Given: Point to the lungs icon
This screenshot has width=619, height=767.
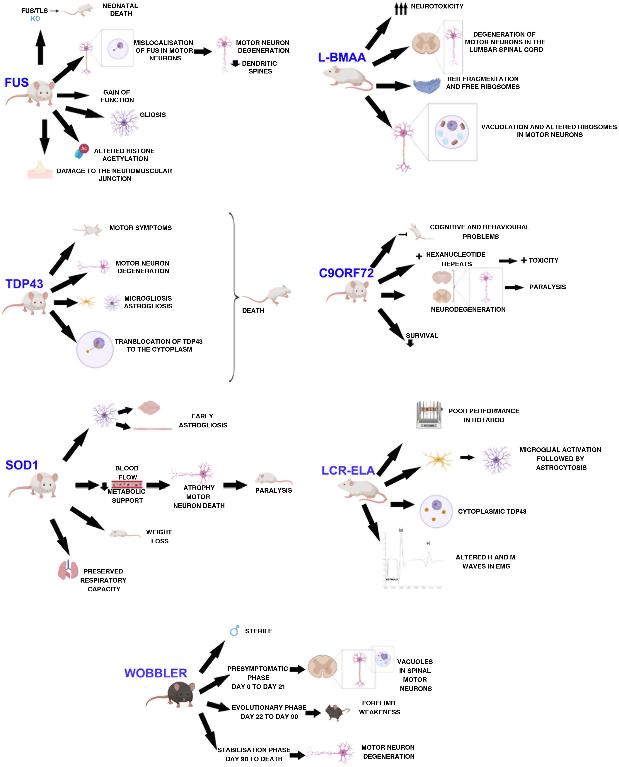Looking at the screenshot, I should (x=68, y=570).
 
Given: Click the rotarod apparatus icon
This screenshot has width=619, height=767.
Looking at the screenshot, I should (x=429, y=415).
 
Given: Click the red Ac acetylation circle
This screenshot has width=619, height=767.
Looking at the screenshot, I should (x=84, y=148).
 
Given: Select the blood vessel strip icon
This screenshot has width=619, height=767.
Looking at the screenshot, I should (x=127, y=484).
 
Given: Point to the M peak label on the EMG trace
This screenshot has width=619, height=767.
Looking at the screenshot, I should (x=401, y=530).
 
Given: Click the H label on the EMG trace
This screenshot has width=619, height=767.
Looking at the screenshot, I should (x=428, y=543).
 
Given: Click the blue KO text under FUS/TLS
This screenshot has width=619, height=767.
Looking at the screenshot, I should (x=35, y=18).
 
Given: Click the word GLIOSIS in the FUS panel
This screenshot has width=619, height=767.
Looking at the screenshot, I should (x=153, y=115).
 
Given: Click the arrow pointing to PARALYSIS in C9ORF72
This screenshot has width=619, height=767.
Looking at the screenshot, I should (x=514, y=287).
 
